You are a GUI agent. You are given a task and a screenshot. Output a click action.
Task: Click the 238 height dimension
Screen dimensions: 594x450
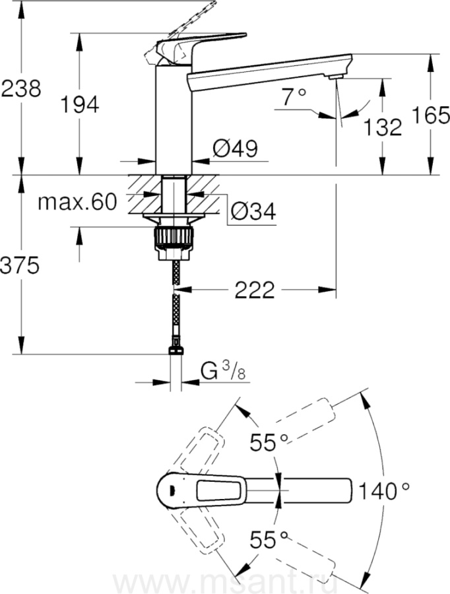[20, 88]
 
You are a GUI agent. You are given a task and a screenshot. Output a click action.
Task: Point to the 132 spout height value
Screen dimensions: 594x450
[382, 126]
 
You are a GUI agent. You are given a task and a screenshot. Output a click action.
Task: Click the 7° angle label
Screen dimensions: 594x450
[294, 98]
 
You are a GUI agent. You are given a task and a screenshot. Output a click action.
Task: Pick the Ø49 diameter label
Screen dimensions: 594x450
[235, 148]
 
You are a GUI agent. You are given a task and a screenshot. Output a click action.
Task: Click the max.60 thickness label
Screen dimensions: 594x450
[76, 202]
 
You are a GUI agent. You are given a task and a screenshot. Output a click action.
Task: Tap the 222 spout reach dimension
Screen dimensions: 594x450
[255, 288]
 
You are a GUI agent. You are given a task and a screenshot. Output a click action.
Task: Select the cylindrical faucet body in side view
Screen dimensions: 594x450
[172, 119]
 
